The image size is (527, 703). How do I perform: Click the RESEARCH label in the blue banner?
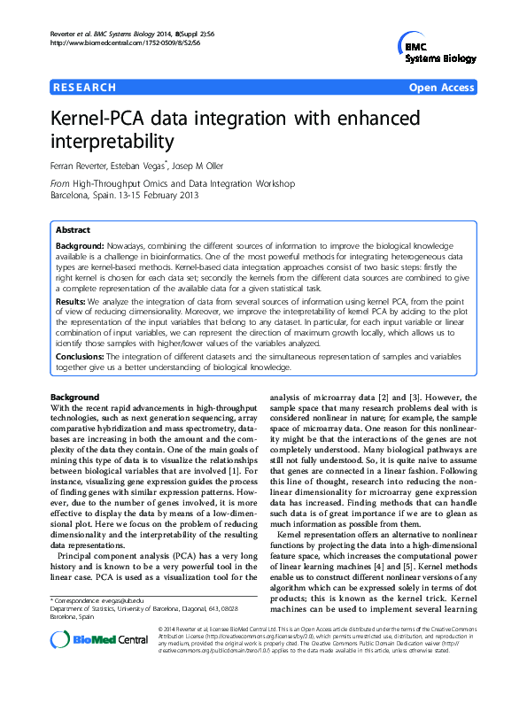point(85,88)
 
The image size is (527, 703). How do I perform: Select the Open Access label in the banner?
point(442,88)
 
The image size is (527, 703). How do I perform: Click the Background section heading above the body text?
point(76,397)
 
